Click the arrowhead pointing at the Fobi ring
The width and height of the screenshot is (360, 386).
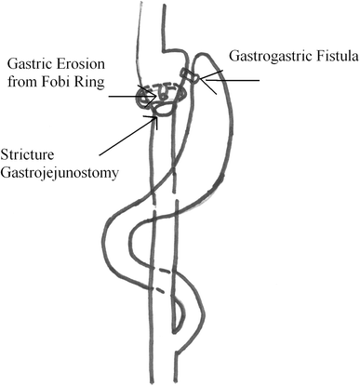point(140,92)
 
